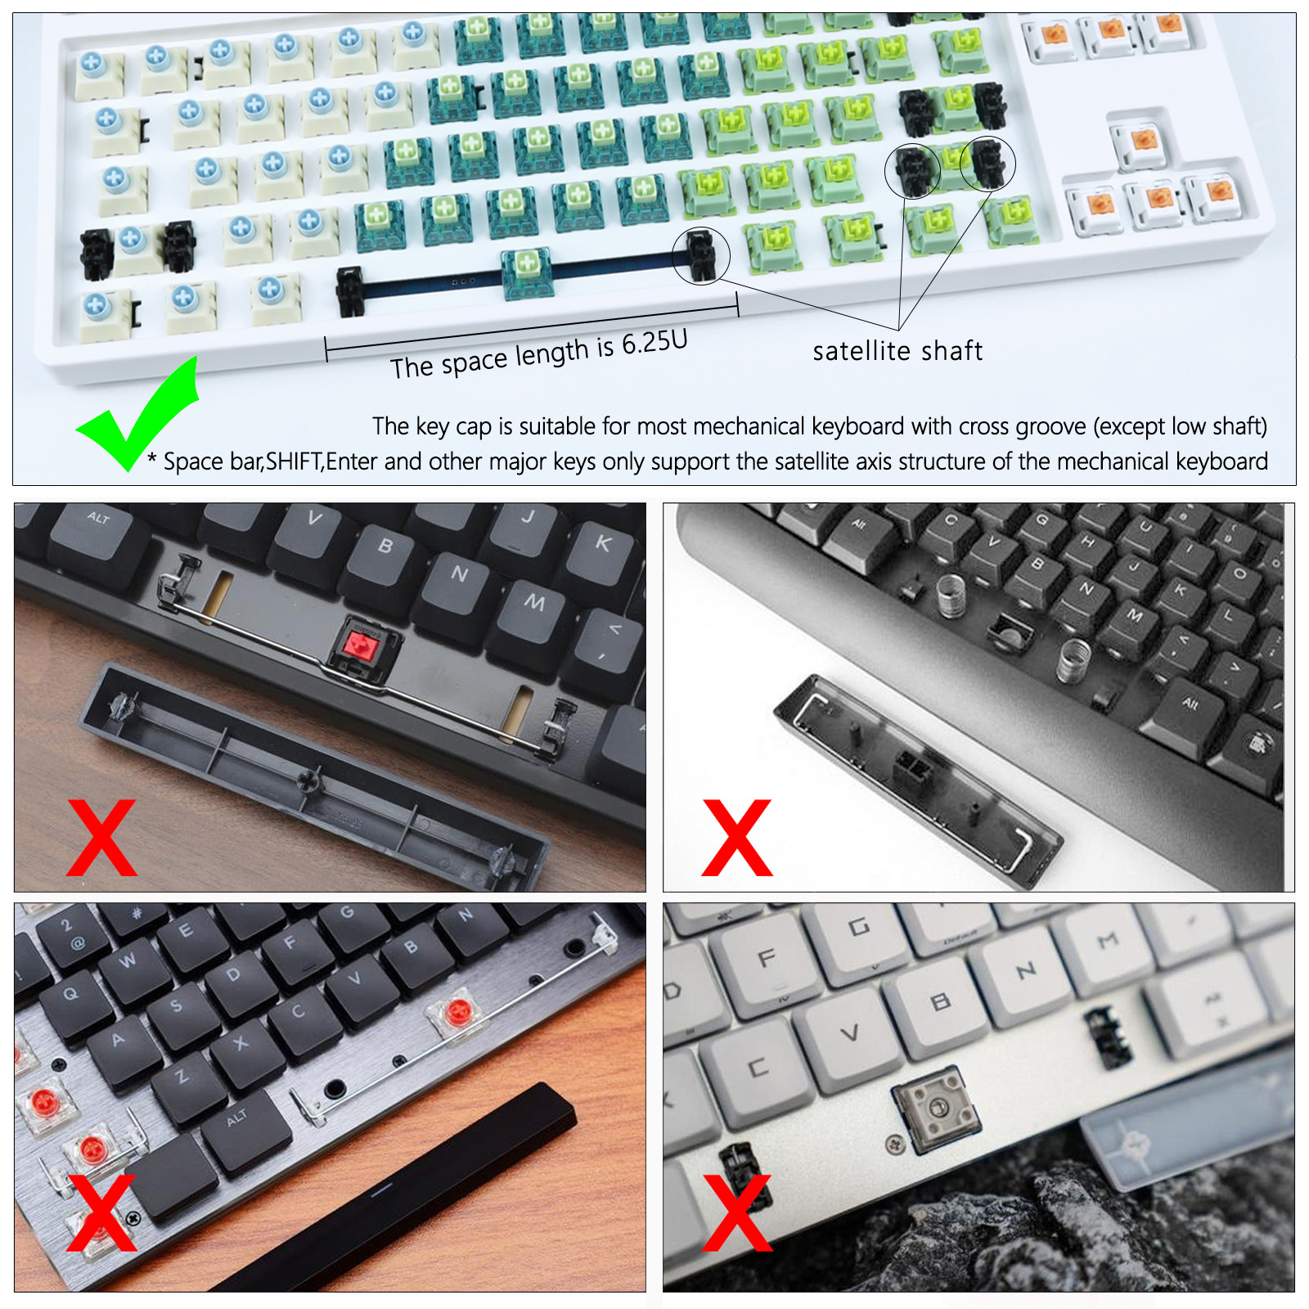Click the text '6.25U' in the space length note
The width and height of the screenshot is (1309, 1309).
pos(654,343)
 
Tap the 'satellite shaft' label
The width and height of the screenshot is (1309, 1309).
pos(897,351)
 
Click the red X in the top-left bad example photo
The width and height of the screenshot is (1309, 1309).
pos(101,838)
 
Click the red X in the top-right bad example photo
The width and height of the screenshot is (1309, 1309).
pos(736,838)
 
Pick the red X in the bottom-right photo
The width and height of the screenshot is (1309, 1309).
pos(736,1212)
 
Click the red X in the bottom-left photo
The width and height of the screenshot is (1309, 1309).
pos(101,1212)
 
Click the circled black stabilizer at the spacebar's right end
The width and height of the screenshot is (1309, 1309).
pos(700,254)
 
